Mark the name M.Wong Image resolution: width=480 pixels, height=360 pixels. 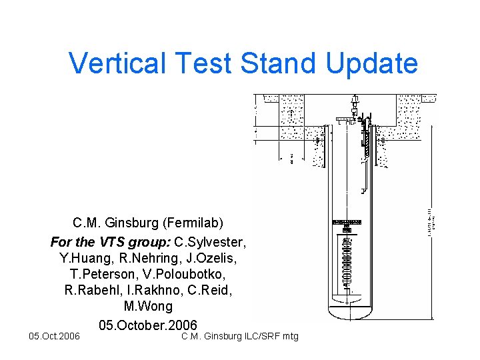click(x=148, y=307)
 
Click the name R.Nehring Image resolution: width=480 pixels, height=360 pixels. click(x=145, y=257)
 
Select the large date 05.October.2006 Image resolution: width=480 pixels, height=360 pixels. click(x=148, y=325)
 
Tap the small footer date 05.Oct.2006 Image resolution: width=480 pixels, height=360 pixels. click(x=51, y=336)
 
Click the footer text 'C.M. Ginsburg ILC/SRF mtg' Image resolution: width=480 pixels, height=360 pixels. click(x=240, y=336)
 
